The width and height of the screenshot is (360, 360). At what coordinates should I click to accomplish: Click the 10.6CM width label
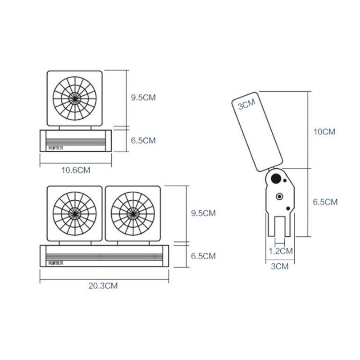point(75,170)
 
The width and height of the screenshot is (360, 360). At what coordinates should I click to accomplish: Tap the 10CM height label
point(324,132)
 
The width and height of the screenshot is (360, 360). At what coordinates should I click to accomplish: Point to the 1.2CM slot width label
point(280,250)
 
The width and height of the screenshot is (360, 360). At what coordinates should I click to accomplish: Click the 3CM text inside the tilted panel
point(246,105)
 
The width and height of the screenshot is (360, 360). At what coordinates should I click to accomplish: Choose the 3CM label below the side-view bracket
point(279,266)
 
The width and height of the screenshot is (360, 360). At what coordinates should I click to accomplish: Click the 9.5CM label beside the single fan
point(143,98)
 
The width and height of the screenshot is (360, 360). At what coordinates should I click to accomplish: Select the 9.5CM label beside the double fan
point(203,213)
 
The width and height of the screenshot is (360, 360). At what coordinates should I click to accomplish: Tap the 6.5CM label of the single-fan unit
point(143,140)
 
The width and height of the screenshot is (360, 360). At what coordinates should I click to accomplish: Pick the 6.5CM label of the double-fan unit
point(203,256)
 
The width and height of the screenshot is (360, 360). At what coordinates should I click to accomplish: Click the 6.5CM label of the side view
point(325,202)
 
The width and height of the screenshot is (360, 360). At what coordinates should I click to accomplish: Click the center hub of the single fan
point(74,98)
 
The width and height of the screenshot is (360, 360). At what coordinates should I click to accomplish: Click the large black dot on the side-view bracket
point(274,179)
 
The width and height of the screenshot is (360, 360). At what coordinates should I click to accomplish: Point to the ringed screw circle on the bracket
point(280,197)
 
